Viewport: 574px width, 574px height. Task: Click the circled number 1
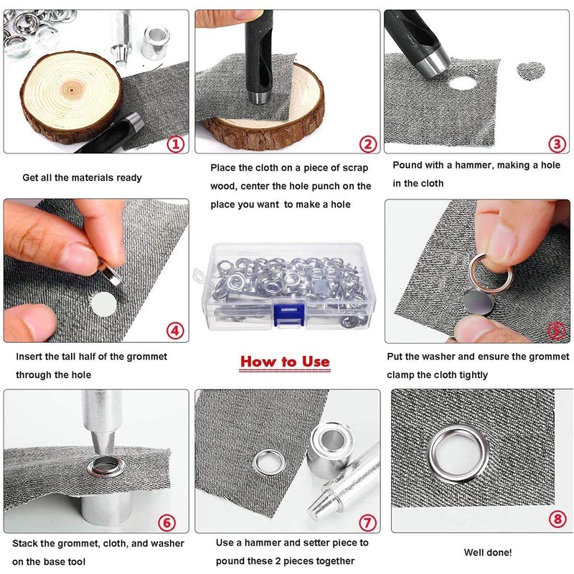tap(176, 144)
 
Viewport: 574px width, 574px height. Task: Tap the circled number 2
tap(368, 144)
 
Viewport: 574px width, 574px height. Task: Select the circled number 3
tap(557, 144)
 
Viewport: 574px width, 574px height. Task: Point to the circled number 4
tap(175, 331)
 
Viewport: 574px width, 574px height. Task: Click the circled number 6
tap(166, 522)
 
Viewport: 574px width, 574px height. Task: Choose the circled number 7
tap(367, 522)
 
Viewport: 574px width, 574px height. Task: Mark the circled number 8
tap(557, 519)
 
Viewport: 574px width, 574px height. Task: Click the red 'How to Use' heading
tap(285, 362)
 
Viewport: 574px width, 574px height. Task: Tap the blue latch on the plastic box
tap(289, 314)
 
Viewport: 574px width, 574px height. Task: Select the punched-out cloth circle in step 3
tap(531, 70)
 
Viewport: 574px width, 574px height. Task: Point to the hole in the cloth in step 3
tap(463, 83)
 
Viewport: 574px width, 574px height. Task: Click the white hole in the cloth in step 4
tap(103, 304)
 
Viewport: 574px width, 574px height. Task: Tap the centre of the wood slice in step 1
tap(71, 89)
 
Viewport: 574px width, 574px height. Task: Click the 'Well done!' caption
tap(488, 552)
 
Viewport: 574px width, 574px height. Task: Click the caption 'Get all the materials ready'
tap(82, 178)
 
